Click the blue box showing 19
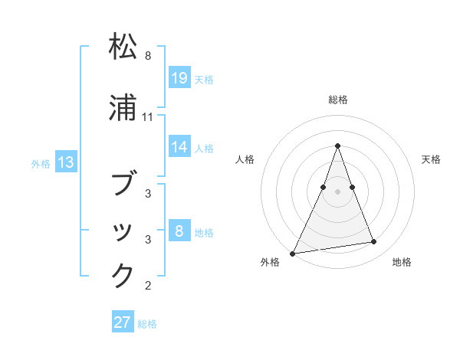point(179,78)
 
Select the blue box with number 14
point(179,147)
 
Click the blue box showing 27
point(123,322)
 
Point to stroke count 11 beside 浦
point(148,117)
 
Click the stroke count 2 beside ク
point(148,286)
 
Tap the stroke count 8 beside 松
point(148,56)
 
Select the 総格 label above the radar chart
point(338,100)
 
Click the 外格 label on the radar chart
point(270,263)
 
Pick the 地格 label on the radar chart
point(402,263)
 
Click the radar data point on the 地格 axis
point(374,242)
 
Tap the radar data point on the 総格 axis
point(337,146)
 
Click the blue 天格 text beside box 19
point(204,79)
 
